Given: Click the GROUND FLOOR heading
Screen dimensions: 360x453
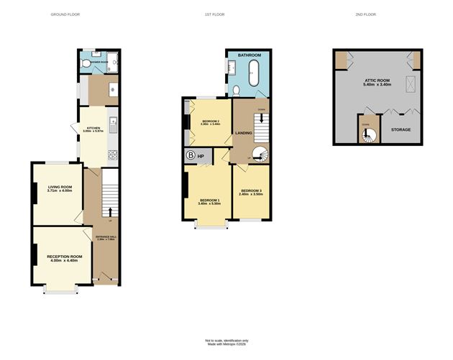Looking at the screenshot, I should tap(64, 14).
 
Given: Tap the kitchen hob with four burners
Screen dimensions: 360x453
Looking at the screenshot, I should tap(112, 154).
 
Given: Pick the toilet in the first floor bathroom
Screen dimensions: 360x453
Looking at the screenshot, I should tap(237, 90).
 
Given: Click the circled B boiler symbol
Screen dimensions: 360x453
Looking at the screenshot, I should tap(191, 155).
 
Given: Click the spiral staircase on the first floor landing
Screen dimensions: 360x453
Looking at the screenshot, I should tap(259, 154).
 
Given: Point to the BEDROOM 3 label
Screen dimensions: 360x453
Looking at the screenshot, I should tap(251, 190).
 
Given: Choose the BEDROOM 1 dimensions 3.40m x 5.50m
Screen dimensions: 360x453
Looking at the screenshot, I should tap(209, 204).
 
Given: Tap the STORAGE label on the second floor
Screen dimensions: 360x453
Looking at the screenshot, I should tap(401, 129).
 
